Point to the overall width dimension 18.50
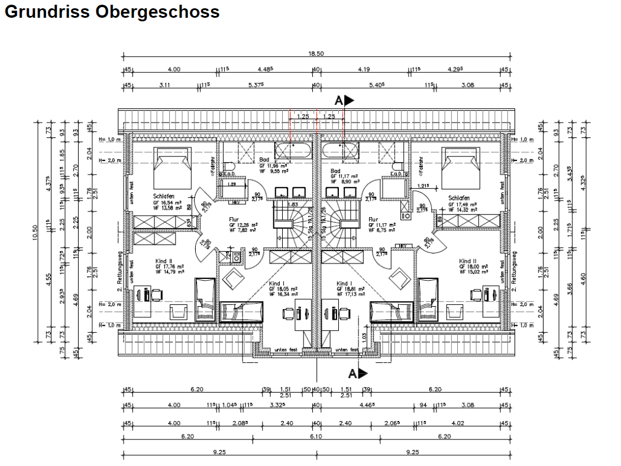pos(316,54)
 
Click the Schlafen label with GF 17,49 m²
pos(459,198)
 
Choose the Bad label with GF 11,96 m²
pos(265,160)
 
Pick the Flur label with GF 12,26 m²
pos(234,218)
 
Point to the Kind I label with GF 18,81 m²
pos(345,284)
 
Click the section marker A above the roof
pos(339,101)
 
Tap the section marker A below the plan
pos(354,373)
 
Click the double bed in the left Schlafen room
pos(172,166)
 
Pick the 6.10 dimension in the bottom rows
pos(316,436)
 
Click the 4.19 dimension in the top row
pos(364,69)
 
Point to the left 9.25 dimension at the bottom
pos(219,452)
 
